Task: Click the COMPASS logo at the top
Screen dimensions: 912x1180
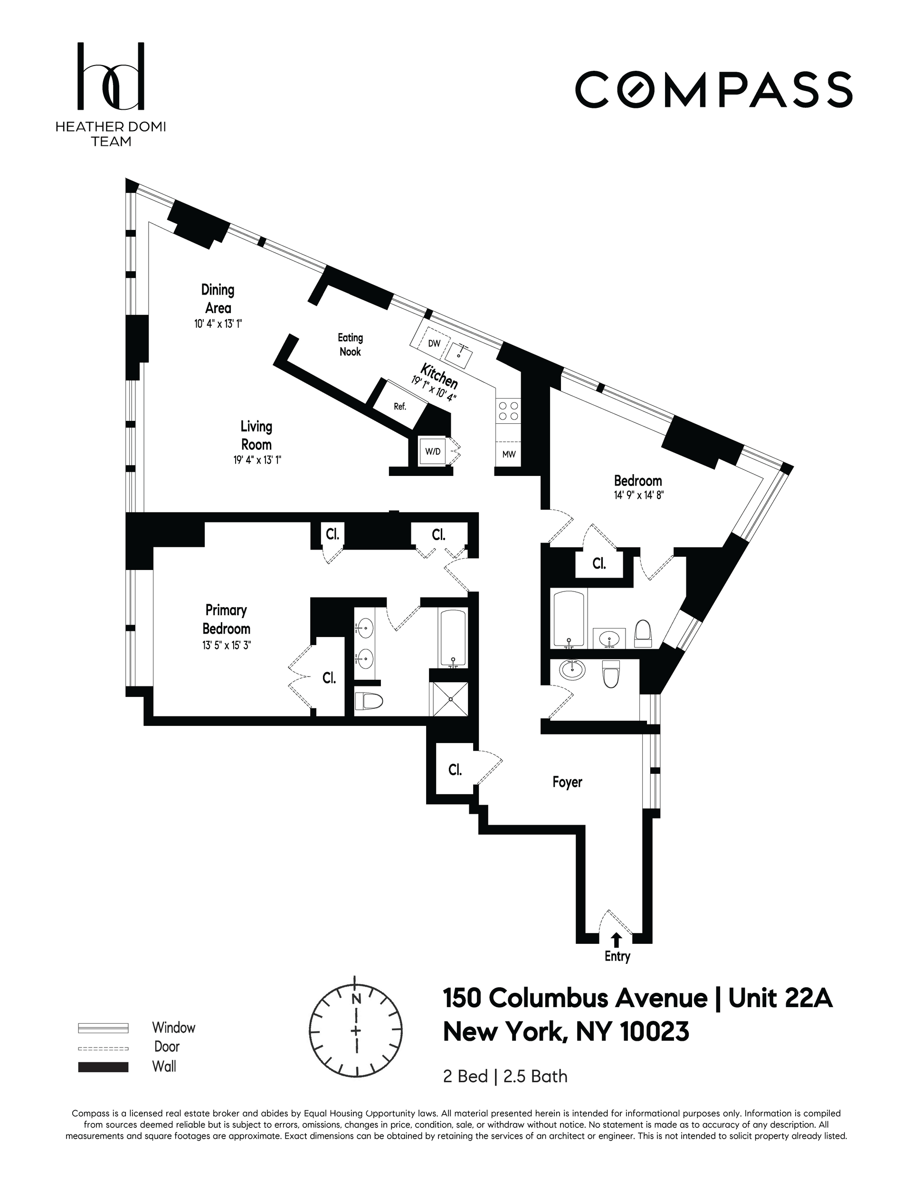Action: tap(713, 89)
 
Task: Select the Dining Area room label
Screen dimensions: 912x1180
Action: tap(218, 299)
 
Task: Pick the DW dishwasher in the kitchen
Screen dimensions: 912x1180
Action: tap(433, 343)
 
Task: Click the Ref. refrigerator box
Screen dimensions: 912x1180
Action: tap(400, 406)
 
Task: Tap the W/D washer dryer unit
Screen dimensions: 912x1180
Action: tap(433, 452)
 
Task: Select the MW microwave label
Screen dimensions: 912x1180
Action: tap(509, 455)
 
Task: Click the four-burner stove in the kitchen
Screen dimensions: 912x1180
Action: tap(508, 410)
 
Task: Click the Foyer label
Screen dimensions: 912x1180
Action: tap(567, 782)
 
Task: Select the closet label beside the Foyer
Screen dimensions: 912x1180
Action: tap(455, 770)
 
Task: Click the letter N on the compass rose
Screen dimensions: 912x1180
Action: tap(356, 999)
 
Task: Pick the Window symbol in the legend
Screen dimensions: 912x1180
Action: tap(103, 1028)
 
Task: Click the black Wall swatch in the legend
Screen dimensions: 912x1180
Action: tap(103, 1067)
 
